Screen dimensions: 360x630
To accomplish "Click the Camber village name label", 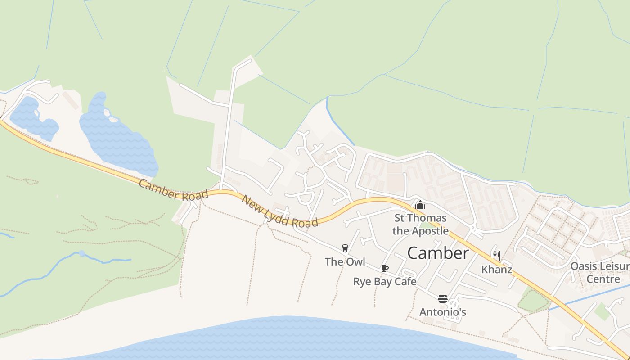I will (x=438, y=253).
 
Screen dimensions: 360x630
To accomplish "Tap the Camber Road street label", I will (x=173, y=190).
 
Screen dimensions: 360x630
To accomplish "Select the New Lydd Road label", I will (x=279, y=211).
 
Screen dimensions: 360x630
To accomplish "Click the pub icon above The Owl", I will (x=345, y=248).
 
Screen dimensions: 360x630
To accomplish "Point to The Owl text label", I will (x=345, y=261).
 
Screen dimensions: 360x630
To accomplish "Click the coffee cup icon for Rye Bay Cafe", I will (x=384, y=268).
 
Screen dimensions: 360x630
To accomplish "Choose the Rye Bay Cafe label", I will (x=384, y=282).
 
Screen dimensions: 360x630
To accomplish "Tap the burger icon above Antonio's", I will (x=442, y=299).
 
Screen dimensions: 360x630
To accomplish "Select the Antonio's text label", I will (x=442, y=312).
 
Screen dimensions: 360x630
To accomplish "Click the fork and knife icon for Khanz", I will (x=496, y=256).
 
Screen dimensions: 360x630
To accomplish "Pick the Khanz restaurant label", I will (x=496, y=270).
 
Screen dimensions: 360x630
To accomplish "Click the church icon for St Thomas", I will (x=420, y=205).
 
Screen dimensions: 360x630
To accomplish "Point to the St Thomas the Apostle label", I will (x=420, y=225).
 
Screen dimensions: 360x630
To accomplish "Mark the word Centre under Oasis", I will (x=603, y=279).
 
